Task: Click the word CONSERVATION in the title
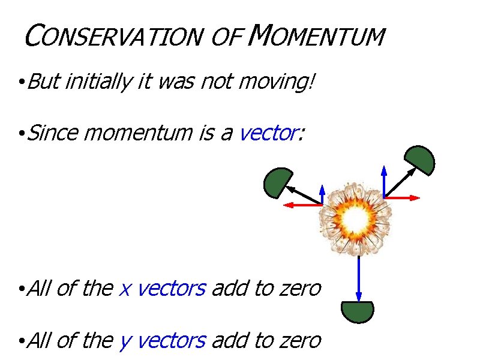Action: pos(111,37)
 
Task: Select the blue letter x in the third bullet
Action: pos(125,289)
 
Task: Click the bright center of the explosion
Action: pos(355,221)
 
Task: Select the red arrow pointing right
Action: pos(402,197)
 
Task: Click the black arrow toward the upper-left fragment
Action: pos(303,195)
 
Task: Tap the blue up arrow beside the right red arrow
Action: pos(384,179)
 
